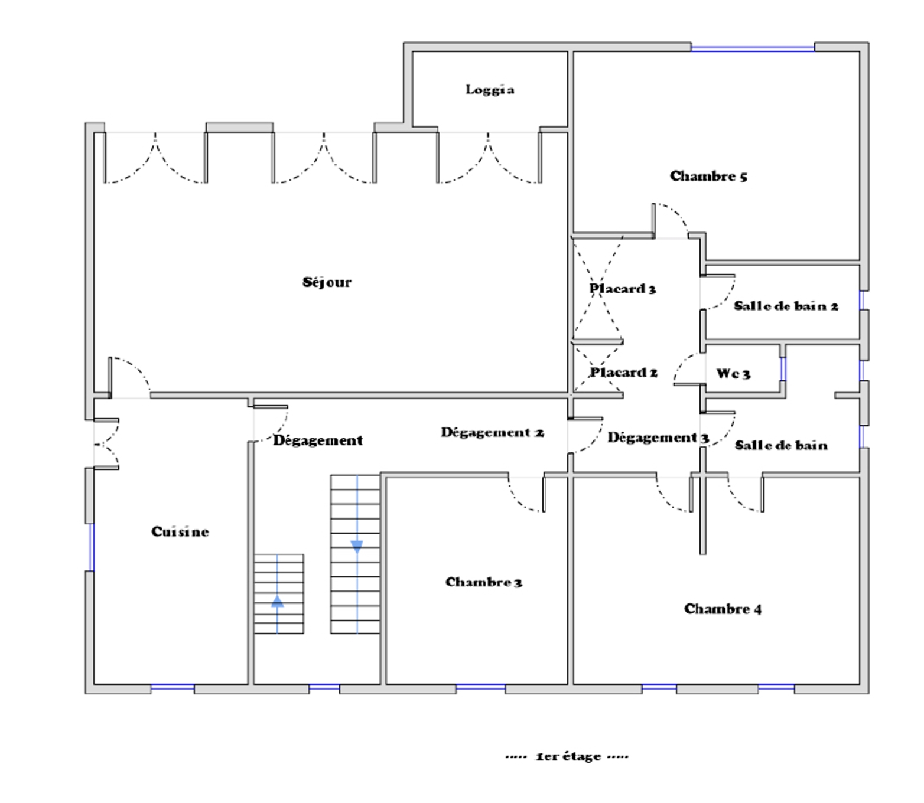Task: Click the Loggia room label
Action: [490, 90]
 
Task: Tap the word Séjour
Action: [327, 282]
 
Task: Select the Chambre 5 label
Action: [708, 176]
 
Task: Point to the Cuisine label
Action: [180, 532]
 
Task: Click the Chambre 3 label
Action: [484, 582]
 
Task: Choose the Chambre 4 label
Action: [723, 609]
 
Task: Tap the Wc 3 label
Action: [733, 374]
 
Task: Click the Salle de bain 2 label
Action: [786, 306]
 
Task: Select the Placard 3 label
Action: [623, 289]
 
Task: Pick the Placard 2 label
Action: [623, 373]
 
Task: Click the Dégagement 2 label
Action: [492, 432]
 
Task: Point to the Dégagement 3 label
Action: [658, 438]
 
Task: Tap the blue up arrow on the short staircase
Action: [277, 601]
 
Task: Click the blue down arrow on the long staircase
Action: [357, 546]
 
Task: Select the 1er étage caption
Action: [567, 756]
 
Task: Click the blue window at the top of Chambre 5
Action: [753, 48]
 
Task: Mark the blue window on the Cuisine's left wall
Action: [91, 547]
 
